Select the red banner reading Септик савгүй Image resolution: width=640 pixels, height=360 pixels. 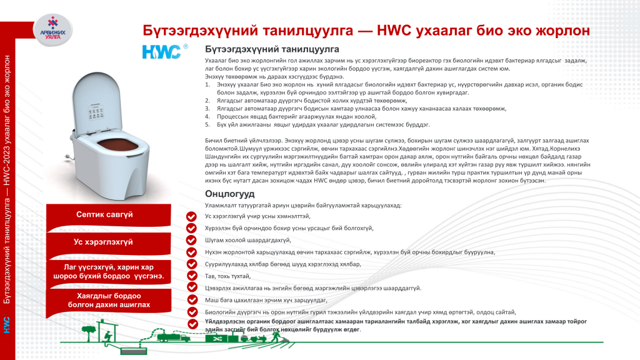104,214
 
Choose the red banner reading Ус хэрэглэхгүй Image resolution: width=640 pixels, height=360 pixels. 104,242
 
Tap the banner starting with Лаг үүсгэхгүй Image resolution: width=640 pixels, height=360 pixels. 104,272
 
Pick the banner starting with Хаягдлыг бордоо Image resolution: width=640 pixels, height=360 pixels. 104,300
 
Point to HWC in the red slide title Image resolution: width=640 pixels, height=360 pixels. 396,31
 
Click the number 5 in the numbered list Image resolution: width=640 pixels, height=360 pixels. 207,124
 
